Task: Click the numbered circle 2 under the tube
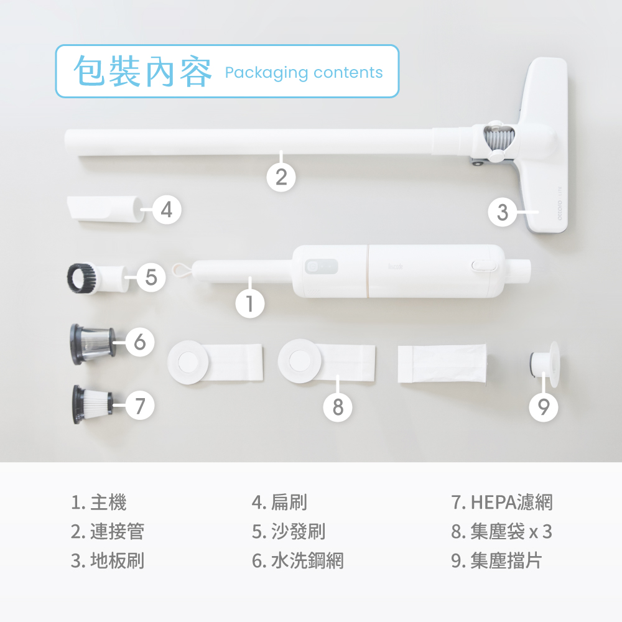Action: pos(281,177)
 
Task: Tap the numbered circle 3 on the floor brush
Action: pos(503,212)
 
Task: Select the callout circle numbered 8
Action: pos(338,407)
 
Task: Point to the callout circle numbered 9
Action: pos(544,407)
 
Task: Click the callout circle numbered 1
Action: pos(250,304)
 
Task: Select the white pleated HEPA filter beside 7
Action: pos(93,404)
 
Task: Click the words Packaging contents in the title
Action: pos(304,73)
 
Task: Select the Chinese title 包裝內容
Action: pos(142,72)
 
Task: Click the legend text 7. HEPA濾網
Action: pos(501,502)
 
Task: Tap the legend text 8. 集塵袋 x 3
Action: pos(501,532)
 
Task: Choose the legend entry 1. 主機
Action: pos(99,502)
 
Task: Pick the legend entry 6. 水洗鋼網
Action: pos(297,561)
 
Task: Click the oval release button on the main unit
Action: pos(484,265)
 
